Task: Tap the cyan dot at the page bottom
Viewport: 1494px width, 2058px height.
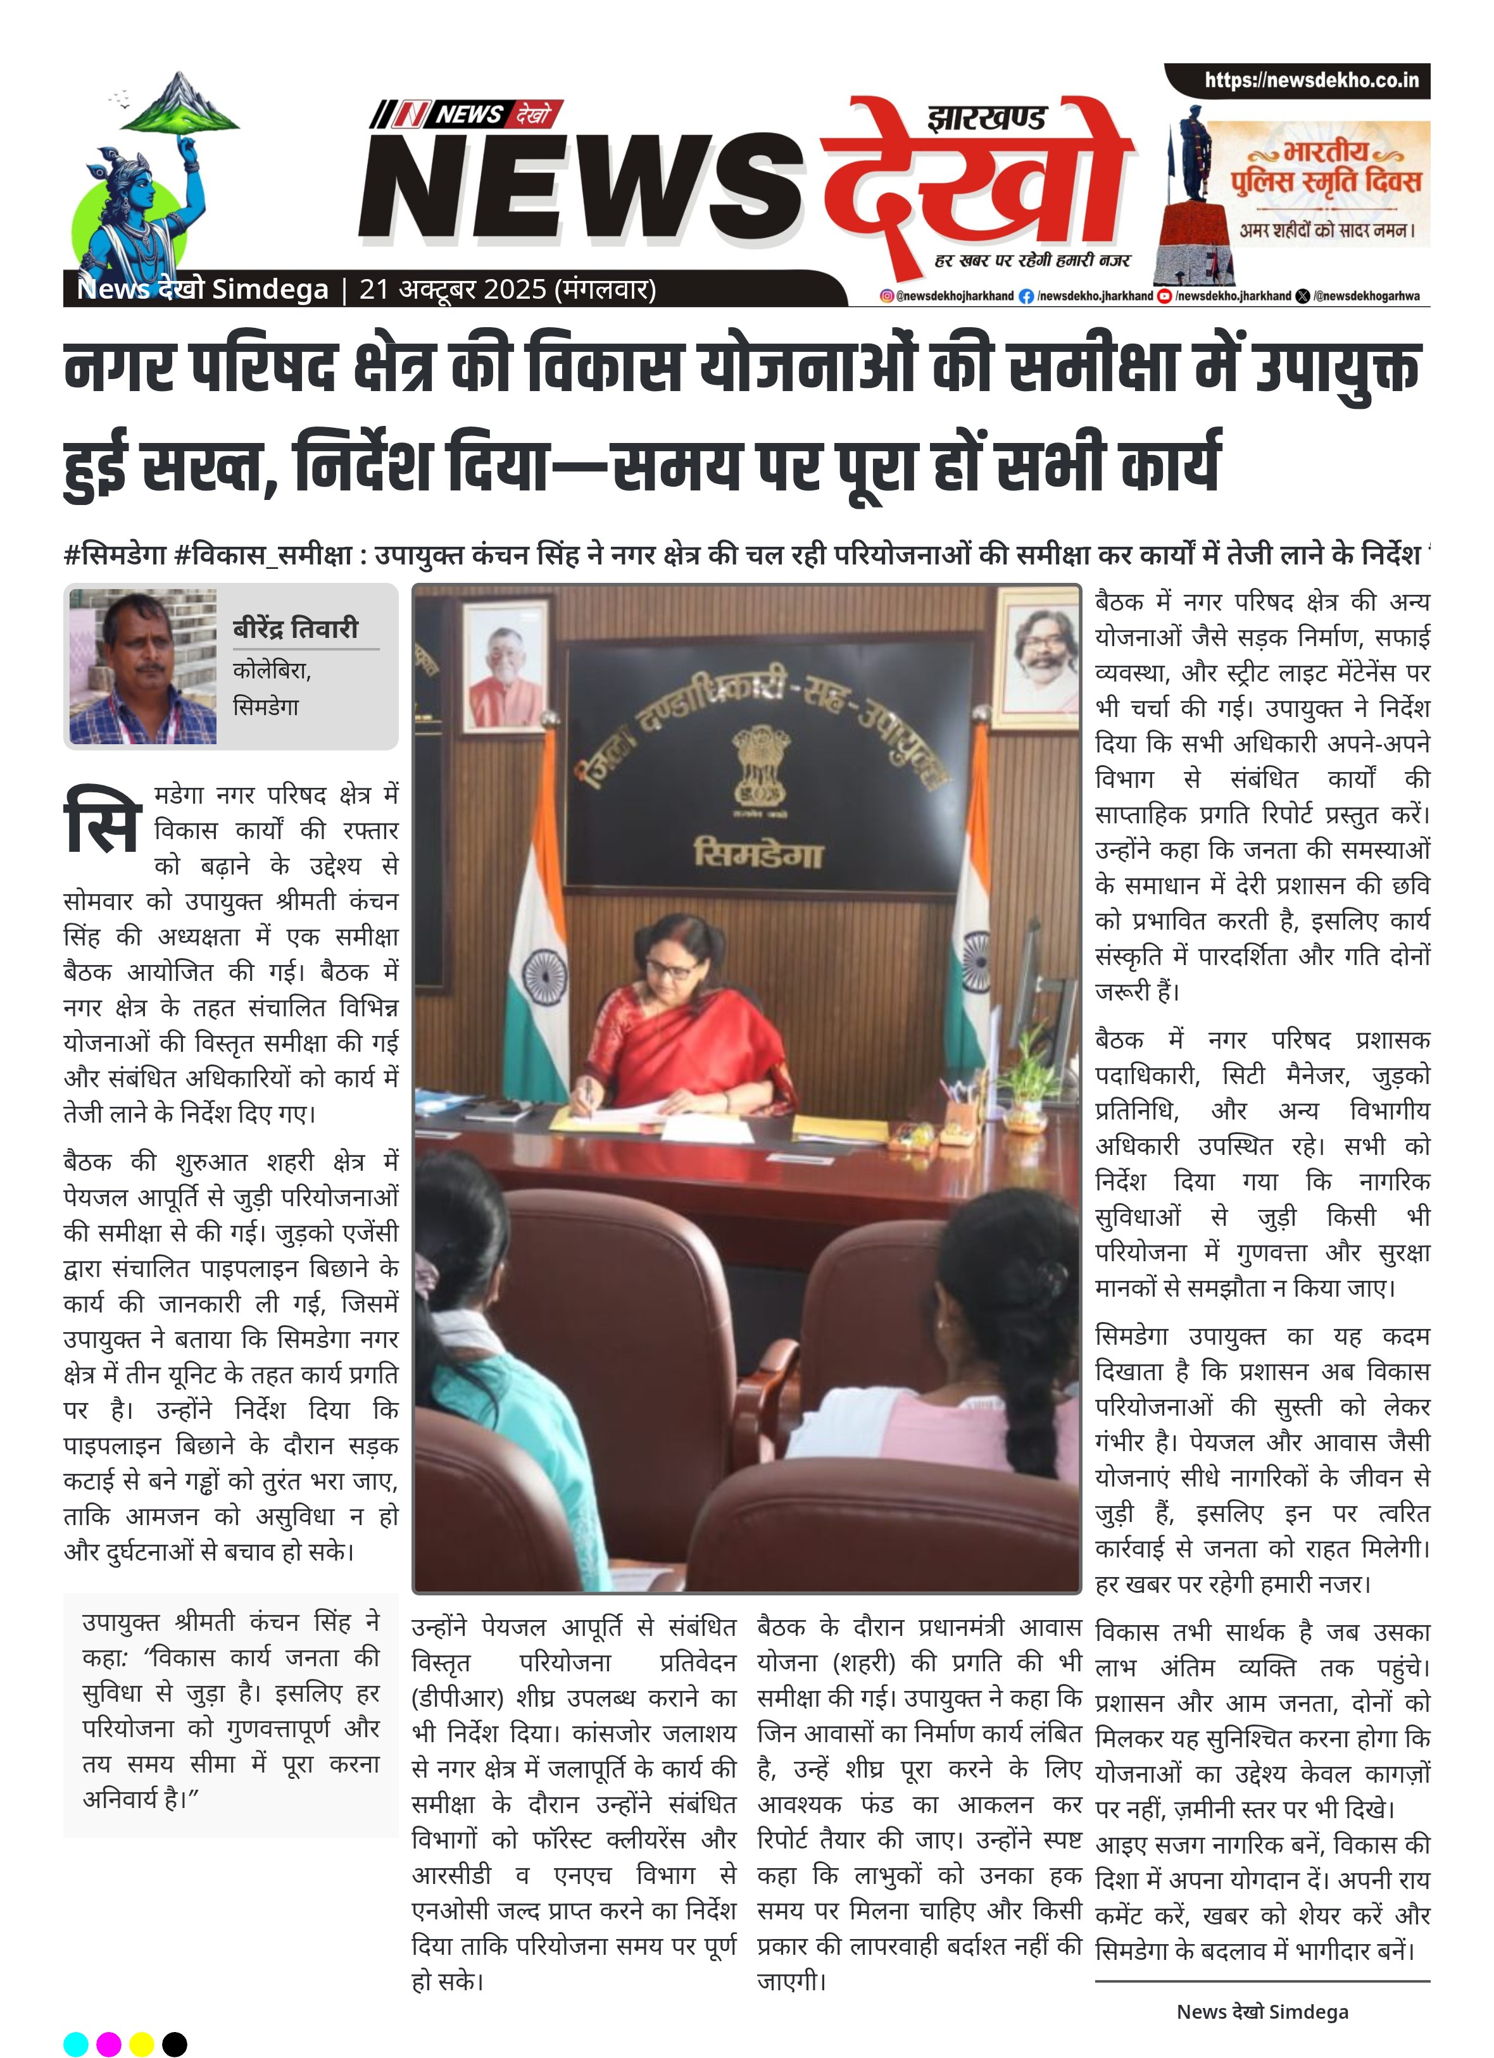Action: pyautogui.click(x=76, y=2043)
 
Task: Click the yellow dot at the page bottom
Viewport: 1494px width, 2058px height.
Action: pyautogui.click(x=142, y=2043)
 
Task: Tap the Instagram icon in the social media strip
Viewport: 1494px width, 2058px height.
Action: pyautogui.click(x=887, y=296)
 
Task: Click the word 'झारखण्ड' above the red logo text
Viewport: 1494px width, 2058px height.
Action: pyautogui.click(x=988, y=118)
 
